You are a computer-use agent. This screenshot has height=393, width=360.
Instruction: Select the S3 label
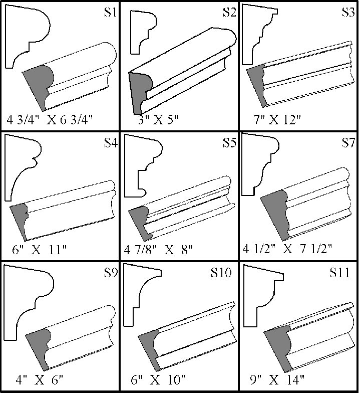click(x=347, y=12)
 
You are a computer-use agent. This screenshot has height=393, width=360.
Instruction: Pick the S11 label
click(x=340, y=273)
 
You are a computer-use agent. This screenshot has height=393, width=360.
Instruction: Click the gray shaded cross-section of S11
click(x=278, y=346)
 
